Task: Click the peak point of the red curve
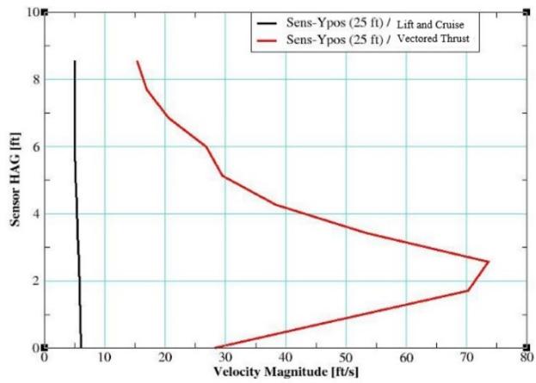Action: [489, 262]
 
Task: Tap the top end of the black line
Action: [75, 61]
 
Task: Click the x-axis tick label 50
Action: [346, 358]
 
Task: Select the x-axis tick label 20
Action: [165, 358]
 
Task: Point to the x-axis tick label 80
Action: [527, 358]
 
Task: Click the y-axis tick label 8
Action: [36, 79]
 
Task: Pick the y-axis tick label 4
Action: [36, 214]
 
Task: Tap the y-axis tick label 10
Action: [34, 12]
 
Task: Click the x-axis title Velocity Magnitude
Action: [269, 372]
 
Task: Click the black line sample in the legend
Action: [268, 23]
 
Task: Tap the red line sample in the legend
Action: [268, 40]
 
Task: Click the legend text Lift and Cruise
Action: [430, 25]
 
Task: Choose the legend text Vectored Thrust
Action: [433, 39]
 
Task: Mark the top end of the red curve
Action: [137, 62]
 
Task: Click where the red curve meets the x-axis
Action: [215, 348]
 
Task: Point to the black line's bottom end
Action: [82, 347]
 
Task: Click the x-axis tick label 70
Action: [466, 358]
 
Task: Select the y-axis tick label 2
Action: [36, 281]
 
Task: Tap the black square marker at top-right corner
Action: [527, 13]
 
